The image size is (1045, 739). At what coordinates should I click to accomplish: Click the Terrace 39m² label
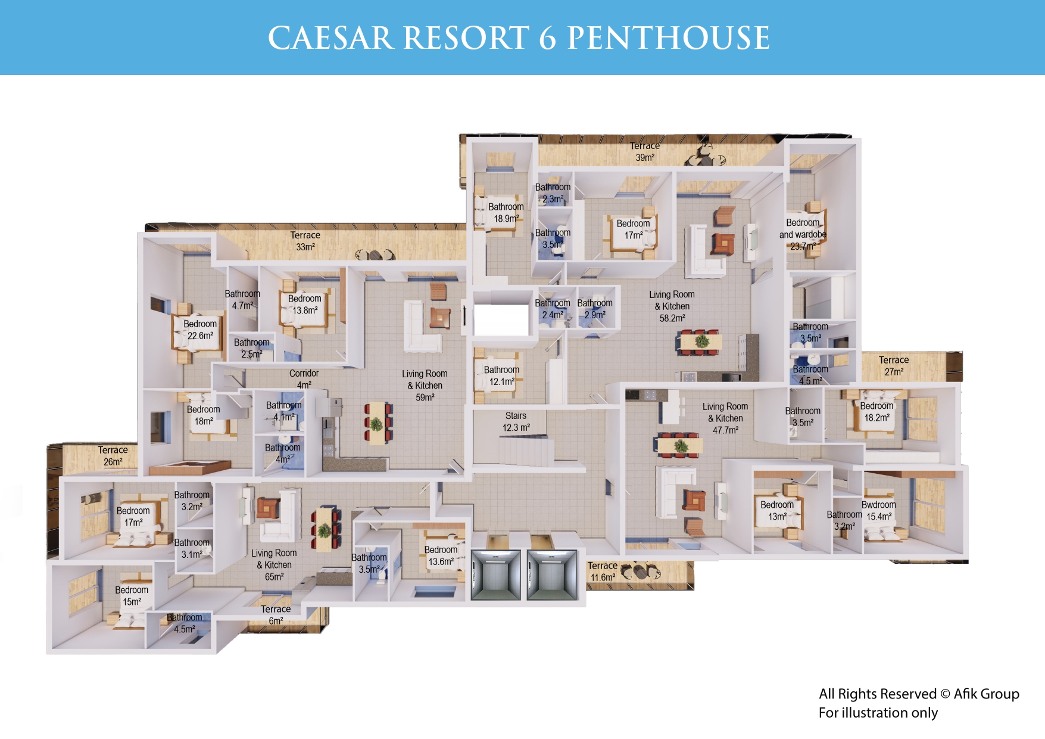[645, 151]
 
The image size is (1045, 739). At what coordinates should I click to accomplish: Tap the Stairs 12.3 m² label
[516, 421]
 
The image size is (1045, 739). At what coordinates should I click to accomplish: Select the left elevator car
[496, 575]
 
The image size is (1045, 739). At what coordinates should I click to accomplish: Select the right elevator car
[552, 575]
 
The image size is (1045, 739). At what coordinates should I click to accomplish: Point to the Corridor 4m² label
[304, 379]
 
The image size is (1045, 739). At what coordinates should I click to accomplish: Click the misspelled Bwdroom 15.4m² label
[878, 511]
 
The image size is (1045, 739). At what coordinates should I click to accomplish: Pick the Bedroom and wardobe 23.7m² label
[803, 234]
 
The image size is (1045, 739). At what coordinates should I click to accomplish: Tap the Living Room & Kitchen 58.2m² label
[672, 306]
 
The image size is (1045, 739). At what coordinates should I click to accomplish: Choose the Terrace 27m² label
[894, 366]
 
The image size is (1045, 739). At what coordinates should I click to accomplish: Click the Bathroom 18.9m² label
[506, 213]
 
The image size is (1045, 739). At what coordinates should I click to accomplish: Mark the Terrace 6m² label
[276, 615]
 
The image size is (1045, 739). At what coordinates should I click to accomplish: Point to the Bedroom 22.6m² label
[200, 330]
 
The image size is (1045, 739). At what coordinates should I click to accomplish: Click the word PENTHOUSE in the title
[668, 38]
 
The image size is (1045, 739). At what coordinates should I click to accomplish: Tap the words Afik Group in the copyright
[986, 694]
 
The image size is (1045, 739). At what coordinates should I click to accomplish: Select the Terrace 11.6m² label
[603, 572]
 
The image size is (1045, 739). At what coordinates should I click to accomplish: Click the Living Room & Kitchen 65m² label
[274, 565]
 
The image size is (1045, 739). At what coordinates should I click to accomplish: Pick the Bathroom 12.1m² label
[501, 375]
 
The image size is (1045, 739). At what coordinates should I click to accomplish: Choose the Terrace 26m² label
[113, 456]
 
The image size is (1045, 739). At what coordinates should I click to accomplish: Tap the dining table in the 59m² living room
[376, 423]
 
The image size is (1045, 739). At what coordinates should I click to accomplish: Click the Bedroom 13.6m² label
[441, 555]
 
